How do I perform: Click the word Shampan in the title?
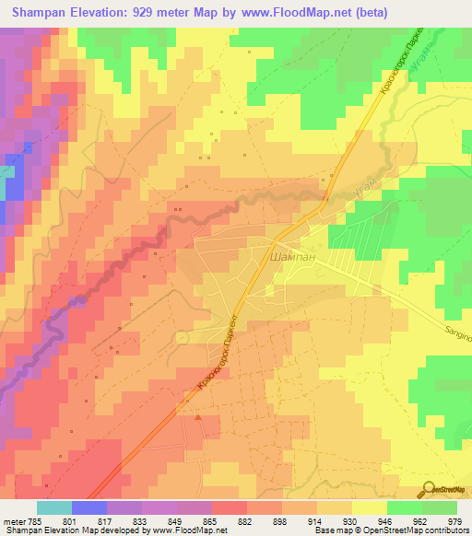click(x=43, y=13)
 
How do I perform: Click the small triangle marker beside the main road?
click(x=198, y=417)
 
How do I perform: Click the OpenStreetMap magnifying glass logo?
click(x=428, y=487)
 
